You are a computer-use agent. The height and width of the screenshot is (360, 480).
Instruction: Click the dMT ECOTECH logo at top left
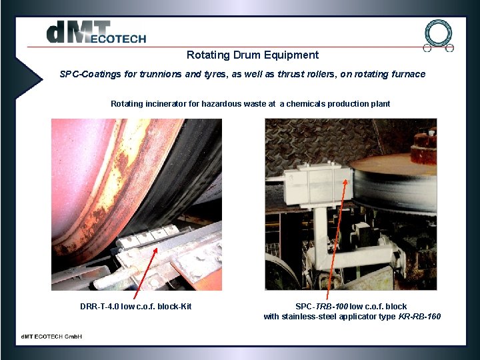(96, 33)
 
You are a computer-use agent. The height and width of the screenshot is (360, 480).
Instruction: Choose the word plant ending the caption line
(381, 104)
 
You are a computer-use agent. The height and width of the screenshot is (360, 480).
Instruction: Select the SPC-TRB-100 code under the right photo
(321, 307)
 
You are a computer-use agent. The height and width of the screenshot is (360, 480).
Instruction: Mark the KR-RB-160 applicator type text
(419, 316)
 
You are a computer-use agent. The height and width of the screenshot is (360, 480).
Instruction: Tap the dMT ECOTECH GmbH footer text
(51, 336)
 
